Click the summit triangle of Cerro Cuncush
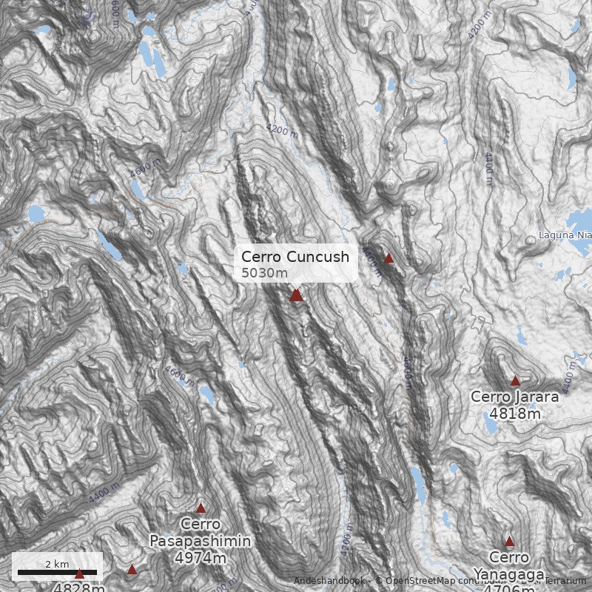(x=296, y=295)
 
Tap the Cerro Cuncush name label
(x=295, y=257)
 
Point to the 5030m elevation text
(x=264, y=273)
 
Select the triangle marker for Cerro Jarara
(x=515, y=381)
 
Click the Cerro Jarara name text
(x=514, y=397)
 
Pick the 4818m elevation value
(x=515, y=413)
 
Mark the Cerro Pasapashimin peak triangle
(x=201, y=508)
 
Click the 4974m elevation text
(x=200, y=557)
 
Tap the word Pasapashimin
(x=201, y=541)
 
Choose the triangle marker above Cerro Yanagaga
(x=509, y=542)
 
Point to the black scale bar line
(x=57, y=572)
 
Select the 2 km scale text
(x=57, y=564)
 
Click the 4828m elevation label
(x=78, y=588)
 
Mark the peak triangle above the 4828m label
(x=79, y=573)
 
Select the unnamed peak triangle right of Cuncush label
(x=388, y=258)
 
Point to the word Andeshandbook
(x=330, y=581)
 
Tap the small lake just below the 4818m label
(x=490, y=426)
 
